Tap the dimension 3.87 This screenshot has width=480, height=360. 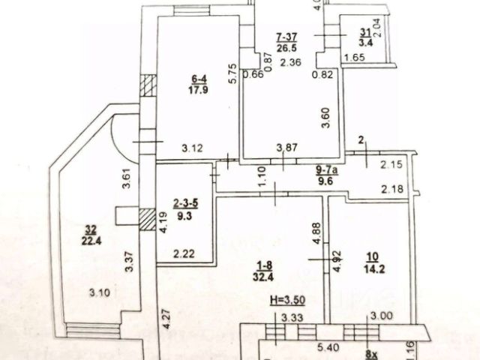pos(285,148)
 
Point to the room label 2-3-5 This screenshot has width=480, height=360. pos(186,202)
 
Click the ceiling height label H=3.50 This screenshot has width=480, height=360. pos(284,299)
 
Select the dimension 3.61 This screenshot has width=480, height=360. pos(127,181)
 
